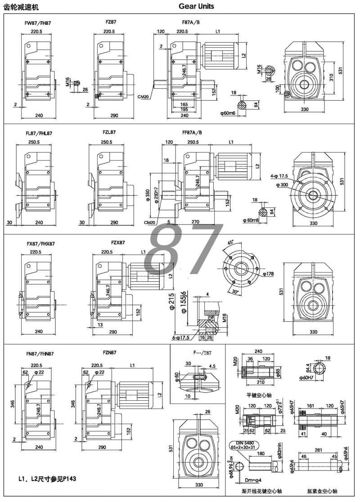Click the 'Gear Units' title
[196, 6]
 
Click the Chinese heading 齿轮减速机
[22, 7]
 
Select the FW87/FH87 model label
[38, 22]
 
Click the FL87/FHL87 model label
[39, 133]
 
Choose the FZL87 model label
[109, 133]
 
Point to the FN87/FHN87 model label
[40, 354]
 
